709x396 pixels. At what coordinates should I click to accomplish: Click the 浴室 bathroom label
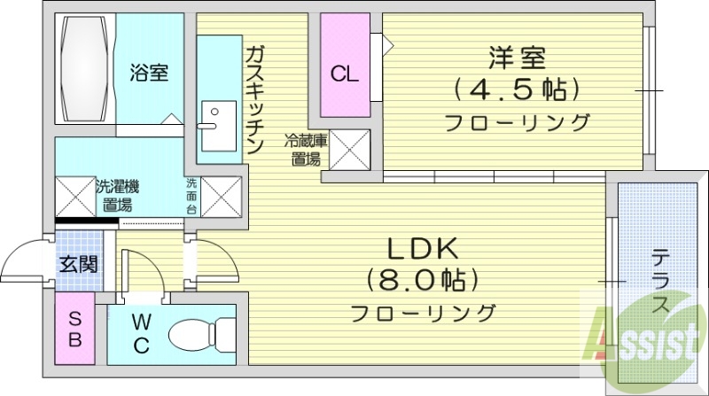click(x=148, y=73)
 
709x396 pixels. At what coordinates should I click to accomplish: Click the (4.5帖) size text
click(x=517, y=89)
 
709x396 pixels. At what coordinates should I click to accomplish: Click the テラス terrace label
click(x=660, y=282)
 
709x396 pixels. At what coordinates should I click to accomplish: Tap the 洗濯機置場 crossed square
click(x=73, y=196)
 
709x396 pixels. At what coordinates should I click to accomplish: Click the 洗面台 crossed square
click(x=222, y=196)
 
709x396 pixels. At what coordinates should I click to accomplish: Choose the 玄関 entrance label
click(x=78, y=264)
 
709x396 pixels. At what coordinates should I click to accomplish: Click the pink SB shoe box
click(x=75, y=328)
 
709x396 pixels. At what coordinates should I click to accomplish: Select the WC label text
click(x=141, y=333)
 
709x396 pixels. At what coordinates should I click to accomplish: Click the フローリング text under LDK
click(x=422, y=313)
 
